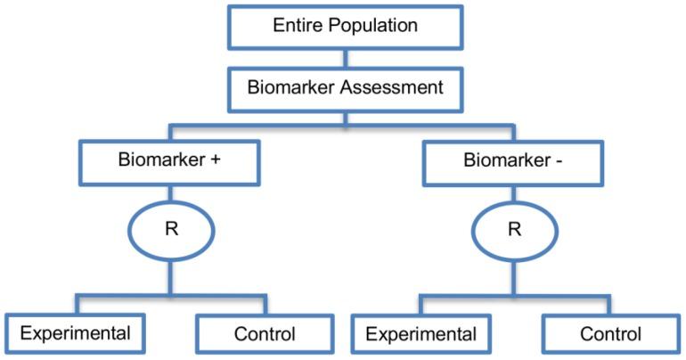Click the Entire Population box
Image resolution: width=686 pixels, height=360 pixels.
(x=345, y=27)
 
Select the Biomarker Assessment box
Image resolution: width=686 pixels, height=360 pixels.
(x=345, y=88)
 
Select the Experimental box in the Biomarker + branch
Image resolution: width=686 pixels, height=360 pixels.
(x=75, y=334)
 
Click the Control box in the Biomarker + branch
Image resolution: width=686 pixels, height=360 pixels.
(x=265, y=335)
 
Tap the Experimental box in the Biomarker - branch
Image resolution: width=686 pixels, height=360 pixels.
(x=420, y=335)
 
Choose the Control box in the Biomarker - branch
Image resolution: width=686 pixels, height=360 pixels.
(x=610, y=335)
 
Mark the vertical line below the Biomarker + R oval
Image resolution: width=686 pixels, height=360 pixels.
(x=172, y=276)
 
